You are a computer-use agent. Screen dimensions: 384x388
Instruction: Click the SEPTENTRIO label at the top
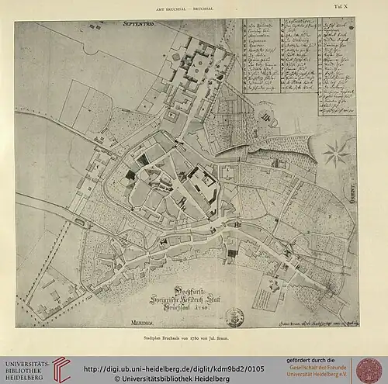(140, 26)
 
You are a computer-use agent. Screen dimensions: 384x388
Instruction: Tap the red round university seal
(369, 369)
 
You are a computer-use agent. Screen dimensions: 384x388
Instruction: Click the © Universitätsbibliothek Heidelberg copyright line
(186, 378)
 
